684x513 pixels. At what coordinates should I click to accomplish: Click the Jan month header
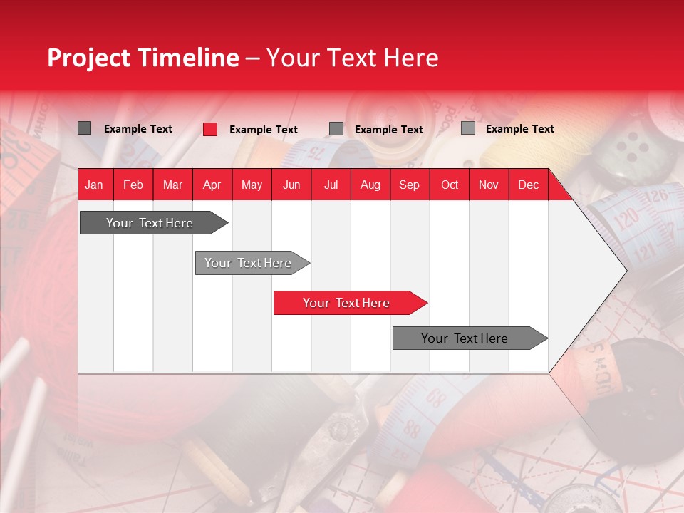point(94,185)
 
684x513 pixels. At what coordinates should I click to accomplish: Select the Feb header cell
point(133,185)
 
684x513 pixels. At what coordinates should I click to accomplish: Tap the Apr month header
point(212,185)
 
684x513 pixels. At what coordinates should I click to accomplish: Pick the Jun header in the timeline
point(291,185)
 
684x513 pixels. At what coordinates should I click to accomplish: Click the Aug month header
point(370,185)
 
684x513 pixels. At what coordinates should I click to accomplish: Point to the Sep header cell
point(409,185)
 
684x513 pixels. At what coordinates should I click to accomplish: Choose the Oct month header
point(450,185)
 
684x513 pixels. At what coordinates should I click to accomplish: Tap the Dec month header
point(528,185)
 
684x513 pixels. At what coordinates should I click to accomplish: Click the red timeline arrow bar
point(349,303)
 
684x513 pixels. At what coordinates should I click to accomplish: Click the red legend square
point(210,129)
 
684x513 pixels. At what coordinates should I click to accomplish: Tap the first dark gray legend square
point(85,128)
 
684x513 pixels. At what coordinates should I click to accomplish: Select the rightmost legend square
point(468,128)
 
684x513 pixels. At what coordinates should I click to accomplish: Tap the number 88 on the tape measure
point(412,430)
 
